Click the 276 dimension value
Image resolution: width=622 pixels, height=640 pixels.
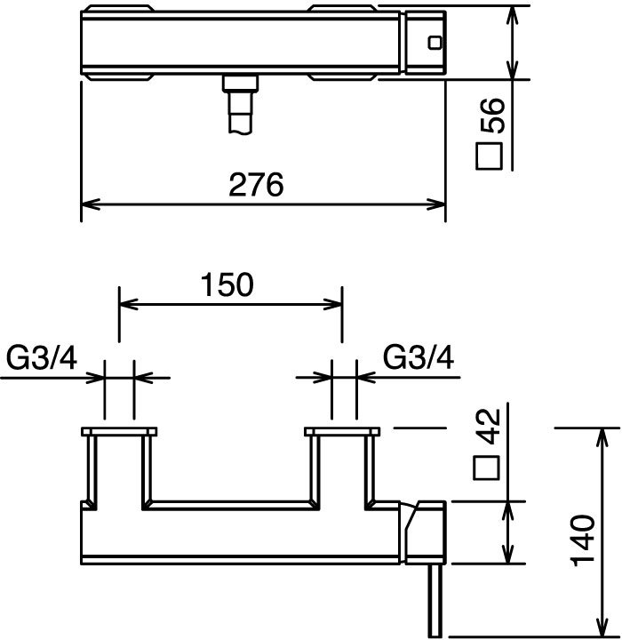(x=256, y=185)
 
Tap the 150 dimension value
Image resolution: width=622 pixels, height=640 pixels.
(x=227, y=285)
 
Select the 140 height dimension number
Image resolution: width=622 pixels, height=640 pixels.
(x=583, y=540)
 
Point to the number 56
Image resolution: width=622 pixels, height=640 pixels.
(x=492, y=116)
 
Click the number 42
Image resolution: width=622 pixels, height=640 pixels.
(x=490, y=426)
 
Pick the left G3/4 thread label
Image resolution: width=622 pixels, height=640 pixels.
(x=41, y=357)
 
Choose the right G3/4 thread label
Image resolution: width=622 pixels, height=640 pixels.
(x=419, y=357)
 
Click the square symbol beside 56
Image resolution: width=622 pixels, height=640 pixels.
(x=489, y=156)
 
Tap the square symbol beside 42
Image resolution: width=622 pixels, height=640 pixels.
(x=487, y=468)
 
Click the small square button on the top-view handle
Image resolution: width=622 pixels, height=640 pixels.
(x=435, y=43)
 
